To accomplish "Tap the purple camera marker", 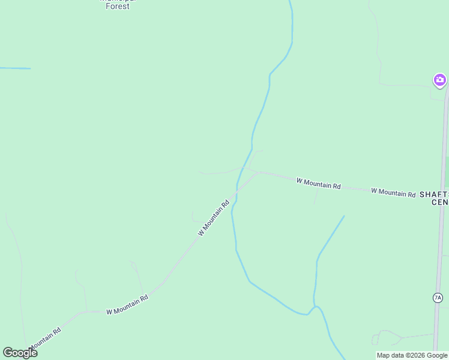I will click(x=440, y=80).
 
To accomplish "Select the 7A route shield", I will click(x=437, y=298).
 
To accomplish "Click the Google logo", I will click(x=20, y=353).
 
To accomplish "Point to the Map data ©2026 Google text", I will click(x=412, y=355).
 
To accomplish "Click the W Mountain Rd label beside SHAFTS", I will click(x=393, y=193).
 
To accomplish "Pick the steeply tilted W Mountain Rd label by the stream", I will click(x=214, y=218).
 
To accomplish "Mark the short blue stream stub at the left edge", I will click(x=15, y=68).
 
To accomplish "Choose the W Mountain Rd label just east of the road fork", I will click(x=318, y=183).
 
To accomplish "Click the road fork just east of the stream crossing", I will click(x=258, y=173).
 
